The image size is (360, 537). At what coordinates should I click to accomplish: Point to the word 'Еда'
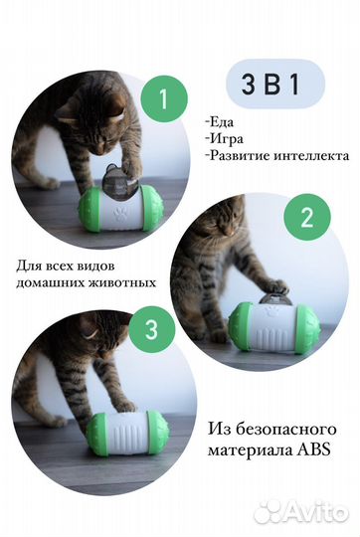tap(244, 123)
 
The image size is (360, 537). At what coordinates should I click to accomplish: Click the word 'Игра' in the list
tap(250, 139)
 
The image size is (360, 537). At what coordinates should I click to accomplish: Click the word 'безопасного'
tap(280, 430)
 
